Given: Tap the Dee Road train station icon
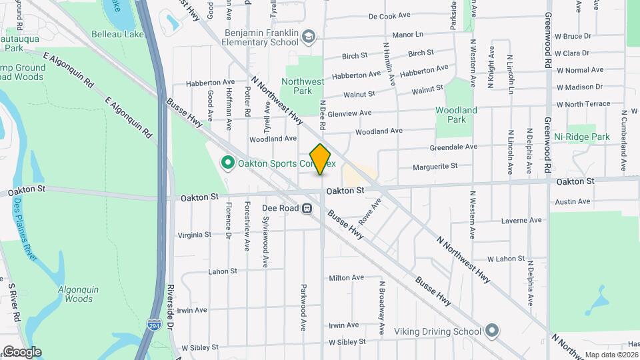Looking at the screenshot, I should [307, 208].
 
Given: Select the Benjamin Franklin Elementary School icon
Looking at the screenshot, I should [308, 37].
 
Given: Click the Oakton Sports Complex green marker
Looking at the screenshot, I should [227, 163].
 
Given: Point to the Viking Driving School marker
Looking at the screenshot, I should [492, 331].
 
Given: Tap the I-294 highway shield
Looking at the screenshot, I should [153, 325].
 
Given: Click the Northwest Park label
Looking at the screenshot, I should [302, 86].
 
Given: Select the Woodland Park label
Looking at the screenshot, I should [456, 115].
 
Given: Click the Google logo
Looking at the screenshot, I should [21, 352].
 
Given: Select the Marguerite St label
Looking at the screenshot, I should [435, 165].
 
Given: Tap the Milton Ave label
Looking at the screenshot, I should [347, 277].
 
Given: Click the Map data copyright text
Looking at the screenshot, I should [611, 355].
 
